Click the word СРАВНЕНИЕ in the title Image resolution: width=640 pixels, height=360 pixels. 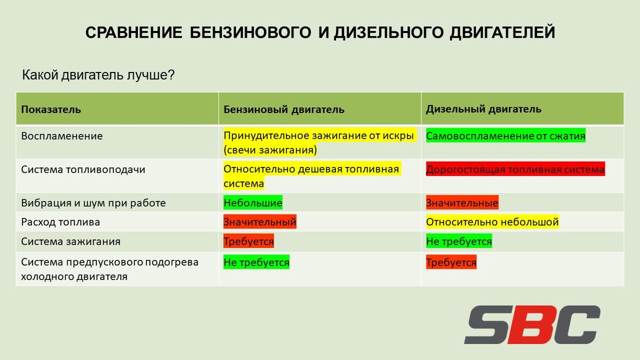pos(134,33)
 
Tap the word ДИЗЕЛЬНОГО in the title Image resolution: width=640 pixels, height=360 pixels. pos(389,33)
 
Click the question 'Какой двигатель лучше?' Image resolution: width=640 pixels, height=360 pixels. pos(98,75)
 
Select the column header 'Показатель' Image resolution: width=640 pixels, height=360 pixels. pos(51,109)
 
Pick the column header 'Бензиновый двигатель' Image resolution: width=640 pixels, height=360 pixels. pos(284,109)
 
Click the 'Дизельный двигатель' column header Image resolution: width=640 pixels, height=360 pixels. pos(483,109)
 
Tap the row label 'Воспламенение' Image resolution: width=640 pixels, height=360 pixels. pos(62,136)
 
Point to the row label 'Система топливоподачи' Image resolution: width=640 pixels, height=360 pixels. pos(83,170)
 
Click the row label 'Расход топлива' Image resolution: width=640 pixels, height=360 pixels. pos(61,222)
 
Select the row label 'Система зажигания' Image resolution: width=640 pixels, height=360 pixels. pos(70,242)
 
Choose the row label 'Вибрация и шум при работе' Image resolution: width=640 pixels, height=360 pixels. pos(93,203)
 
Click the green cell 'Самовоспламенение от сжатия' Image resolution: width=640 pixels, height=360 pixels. pos(506,135)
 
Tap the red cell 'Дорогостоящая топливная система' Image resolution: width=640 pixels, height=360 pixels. pos(515,169)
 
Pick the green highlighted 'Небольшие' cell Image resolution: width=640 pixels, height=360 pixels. pos(253,203)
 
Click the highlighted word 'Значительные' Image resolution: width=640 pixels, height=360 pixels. pos(462,203)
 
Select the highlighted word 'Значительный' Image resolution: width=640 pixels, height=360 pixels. pos(260,222)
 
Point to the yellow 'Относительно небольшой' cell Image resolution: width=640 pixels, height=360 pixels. pos(492,222)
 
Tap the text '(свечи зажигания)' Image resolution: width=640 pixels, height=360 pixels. pos(270,150)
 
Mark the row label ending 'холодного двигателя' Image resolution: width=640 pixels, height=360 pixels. pos(74,277)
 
